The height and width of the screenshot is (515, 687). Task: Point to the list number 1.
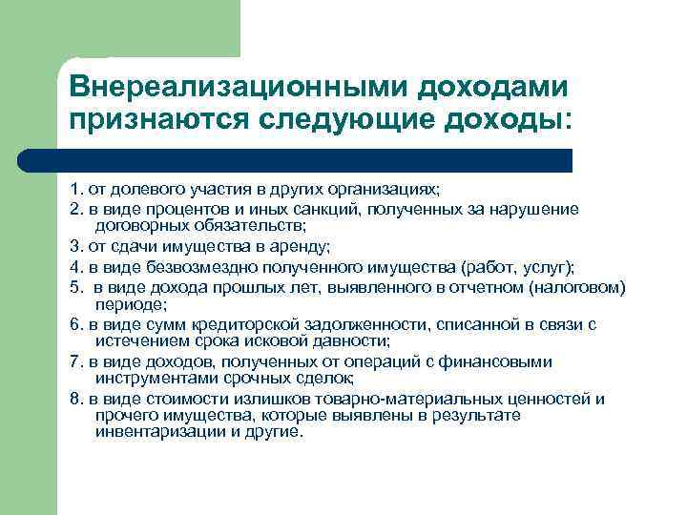(x=74, y=189)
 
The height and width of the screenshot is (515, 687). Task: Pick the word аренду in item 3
(x=298, y=247)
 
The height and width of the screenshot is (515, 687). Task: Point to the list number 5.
(x=74, y=286)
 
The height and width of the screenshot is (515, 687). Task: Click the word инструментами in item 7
(x=147, y=379)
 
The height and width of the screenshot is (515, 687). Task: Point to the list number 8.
(x=74, y=398)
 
